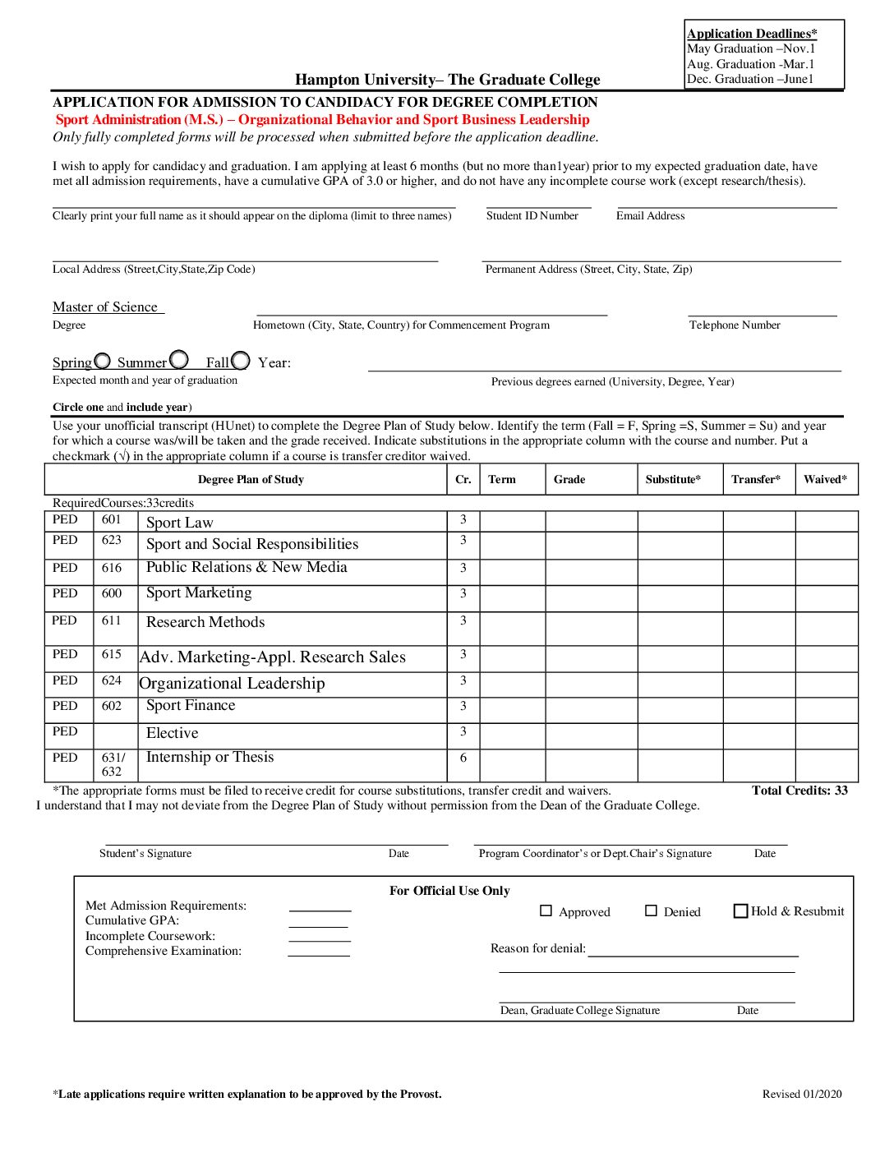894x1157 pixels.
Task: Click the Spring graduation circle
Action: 103,361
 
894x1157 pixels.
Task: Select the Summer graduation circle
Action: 179,360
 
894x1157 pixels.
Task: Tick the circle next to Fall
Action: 241,361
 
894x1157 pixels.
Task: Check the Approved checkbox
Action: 546,910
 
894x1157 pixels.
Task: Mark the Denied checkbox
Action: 651,910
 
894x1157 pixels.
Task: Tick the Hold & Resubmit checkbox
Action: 740,910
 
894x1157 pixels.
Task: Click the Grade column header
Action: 569,480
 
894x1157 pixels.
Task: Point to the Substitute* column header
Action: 673,480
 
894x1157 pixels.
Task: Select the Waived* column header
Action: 825,480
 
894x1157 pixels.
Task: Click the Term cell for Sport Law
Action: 512,521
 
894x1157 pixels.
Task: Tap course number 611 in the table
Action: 112,620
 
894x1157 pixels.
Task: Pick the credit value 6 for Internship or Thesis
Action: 463,758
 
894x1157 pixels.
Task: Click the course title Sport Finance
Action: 191,705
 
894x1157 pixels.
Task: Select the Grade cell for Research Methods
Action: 592,629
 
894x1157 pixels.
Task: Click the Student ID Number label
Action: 532,216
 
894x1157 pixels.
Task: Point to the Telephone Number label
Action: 735,325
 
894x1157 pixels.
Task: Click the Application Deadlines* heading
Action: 752,34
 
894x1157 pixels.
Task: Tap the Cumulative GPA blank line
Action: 318,926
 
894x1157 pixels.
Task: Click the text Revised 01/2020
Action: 802,1094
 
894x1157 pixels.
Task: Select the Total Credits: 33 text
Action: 800,791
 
